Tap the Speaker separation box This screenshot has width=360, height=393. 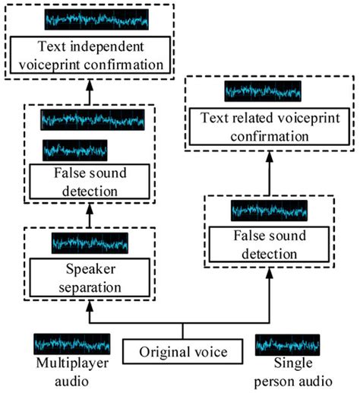[x=88, y=278]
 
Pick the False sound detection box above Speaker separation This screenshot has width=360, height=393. [x=88, y=182]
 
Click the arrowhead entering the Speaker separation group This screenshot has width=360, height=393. [x=89, y=305]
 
